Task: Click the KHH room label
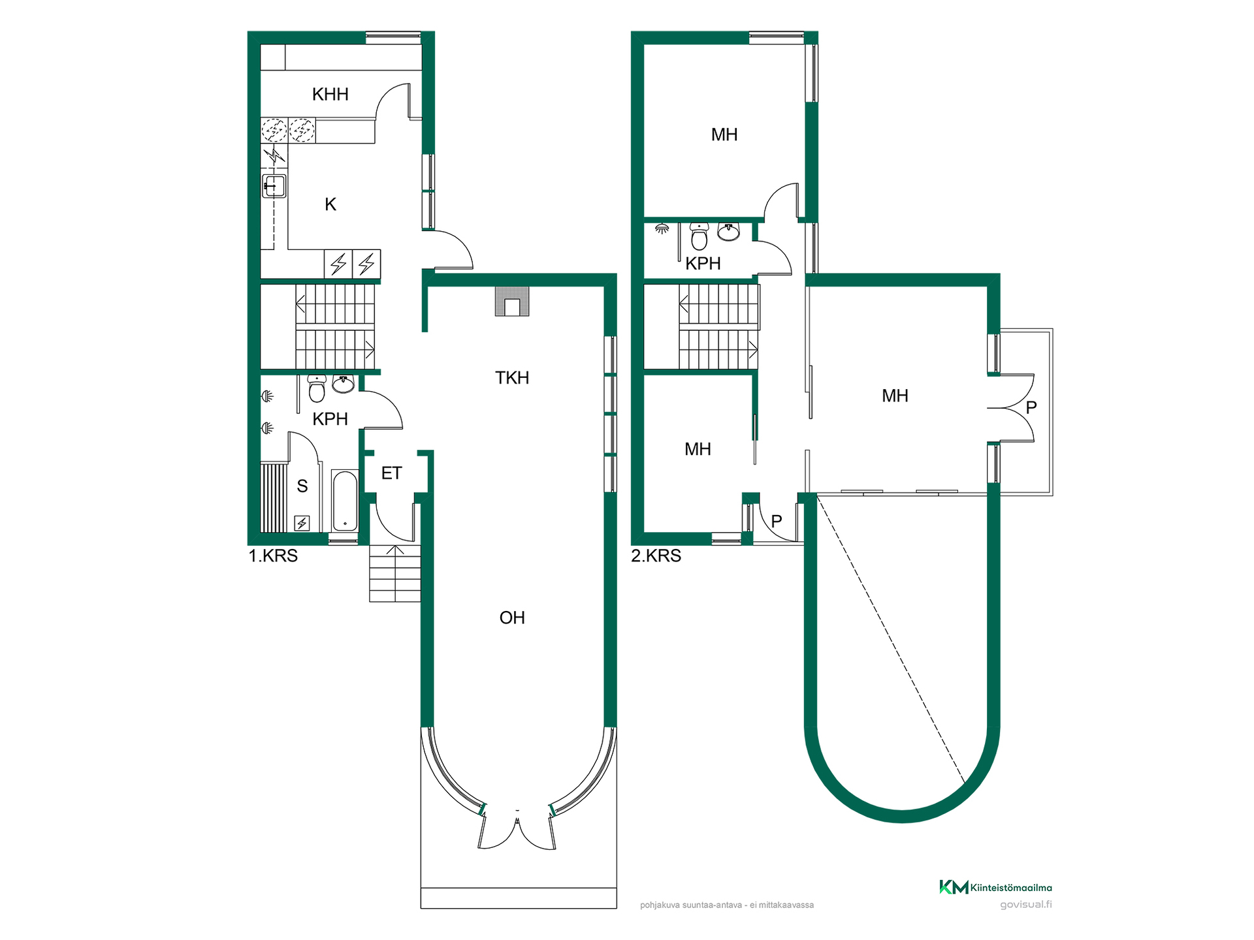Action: pos(330,94)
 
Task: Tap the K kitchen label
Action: pos(330,204)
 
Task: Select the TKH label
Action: pos(512,377)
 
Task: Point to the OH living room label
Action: pos(512,618)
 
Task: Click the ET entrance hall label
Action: pos(391,473)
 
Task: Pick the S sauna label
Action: pos(302,486)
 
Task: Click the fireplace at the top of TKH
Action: pos(512,302)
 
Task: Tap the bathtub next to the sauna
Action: pos(345,501)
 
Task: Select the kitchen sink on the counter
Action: pos(274,186)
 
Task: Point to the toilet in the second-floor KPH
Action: pos(699,236)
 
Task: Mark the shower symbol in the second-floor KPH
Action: pos(662,228)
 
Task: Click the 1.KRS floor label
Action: pos(273,556)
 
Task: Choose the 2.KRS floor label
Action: pos(656,556)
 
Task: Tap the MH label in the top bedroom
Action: pos(724,134)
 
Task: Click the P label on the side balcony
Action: pos(1031,407)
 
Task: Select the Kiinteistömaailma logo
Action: pos(995,887)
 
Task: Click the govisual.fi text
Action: pos(1026,905)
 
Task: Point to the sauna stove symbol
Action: pos(302,523)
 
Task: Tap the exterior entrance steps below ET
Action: pos(395,573)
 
